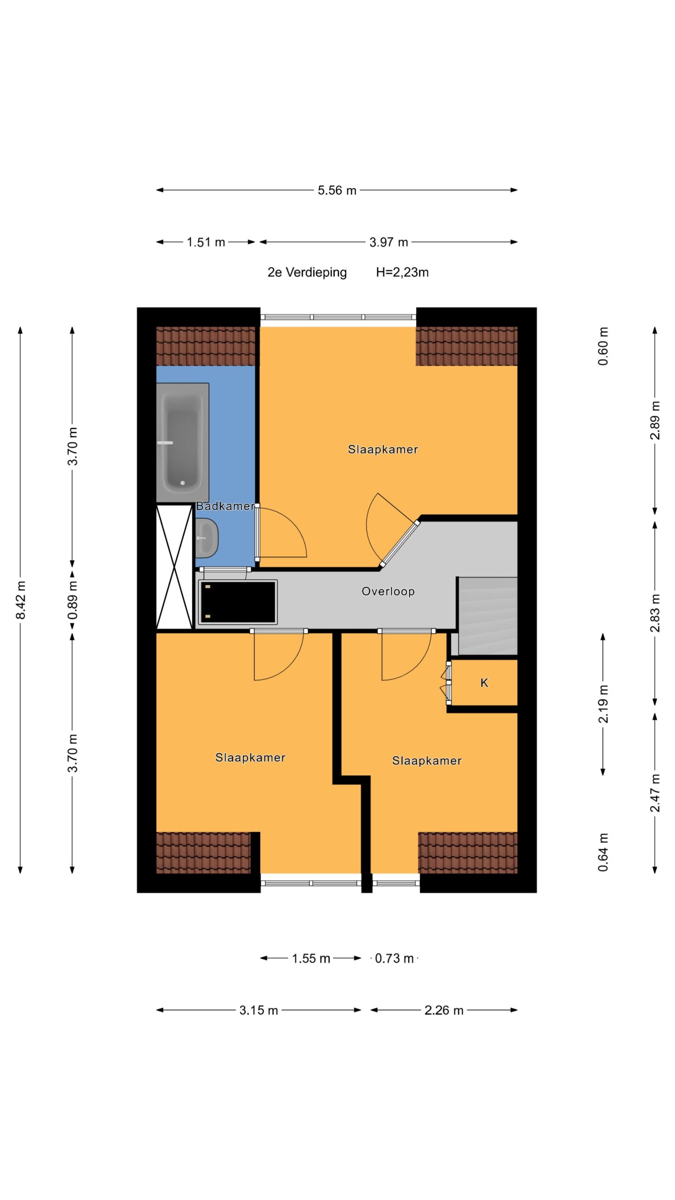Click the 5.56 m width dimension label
pos(337,190)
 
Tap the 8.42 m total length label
pos(21,600)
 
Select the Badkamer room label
pos(225,506)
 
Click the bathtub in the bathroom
pos(182,442)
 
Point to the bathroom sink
pos(206,538)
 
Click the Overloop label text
pos(388,591)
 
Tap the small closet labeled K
pos(484,682)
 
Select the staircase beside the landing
pos(487,616)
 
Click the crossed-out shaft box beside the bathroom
pos(174,566)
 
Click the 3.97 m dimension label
pos(389,242)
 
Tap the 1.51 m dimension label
pos(206,242)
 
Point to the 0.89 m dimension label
pos(73,600)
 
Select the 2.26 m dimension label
pos(444,1010)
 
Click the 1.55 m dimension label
pos(311,959)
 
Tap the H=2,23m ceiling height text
pos(402,272)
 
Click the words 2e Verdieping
pos(307,272)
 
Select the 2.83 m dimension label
pos(655,613)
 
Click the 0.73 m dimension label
pos(394,959)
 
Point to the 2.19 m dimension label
pos(603,704)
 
